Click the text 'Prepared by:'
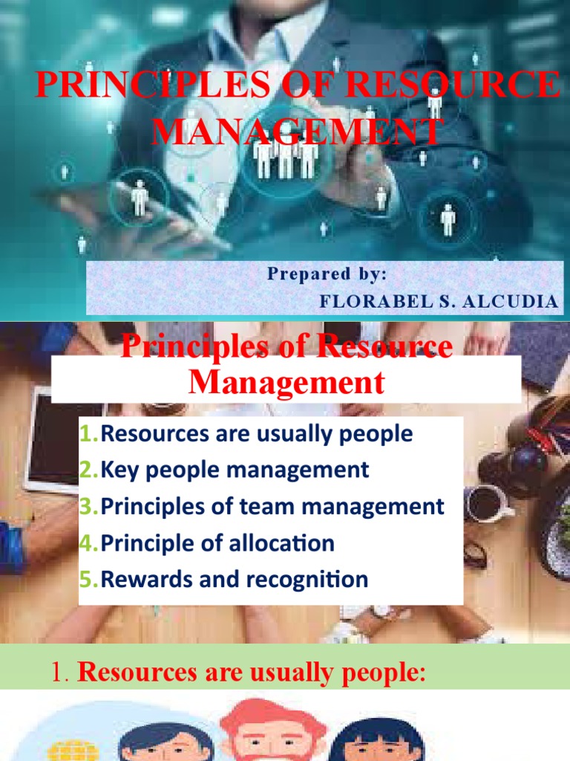[327, 274]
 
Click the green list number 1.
[89, 433]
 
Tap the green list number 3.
[89, 507]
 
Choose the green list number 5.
[89, 580]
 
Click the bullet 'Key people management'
[235, 470]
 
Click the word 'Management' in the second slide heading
[286, 383]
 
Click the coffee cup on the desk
[487, 504]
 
